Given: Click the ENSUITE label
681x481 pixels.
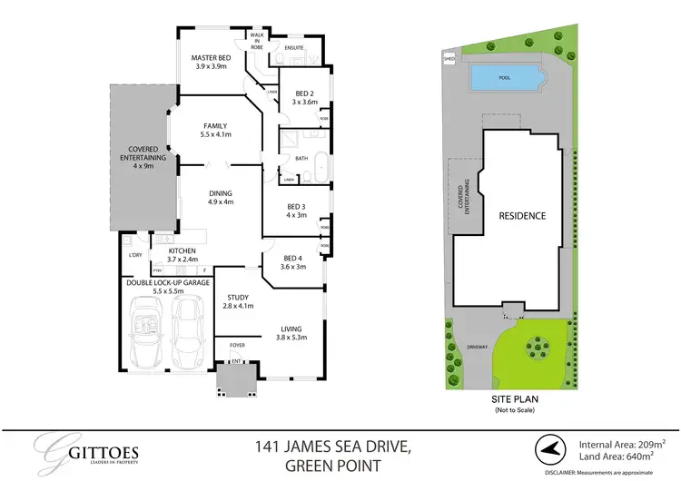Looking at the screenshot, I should (294, 48).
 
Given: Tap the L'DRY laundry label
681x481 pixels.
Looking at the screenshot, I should (136, 255).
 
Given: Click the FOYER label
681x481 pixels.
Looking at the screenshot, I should (237, 345).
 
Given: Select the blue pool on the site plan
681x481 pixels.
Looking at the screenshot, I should (505, 79).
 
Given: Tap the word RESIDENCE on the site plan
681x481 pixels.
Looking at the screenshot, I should (522, 216).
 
